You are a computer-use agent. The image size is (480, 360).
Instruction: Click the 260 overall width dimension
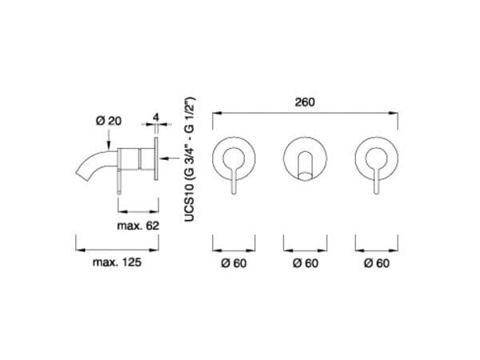point(306,102)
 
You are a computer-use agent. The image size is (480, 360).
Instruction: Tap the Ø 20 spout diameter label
point(109,120)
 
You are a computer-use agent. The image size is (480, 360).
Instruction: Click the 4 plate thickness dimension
point(157,118)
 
